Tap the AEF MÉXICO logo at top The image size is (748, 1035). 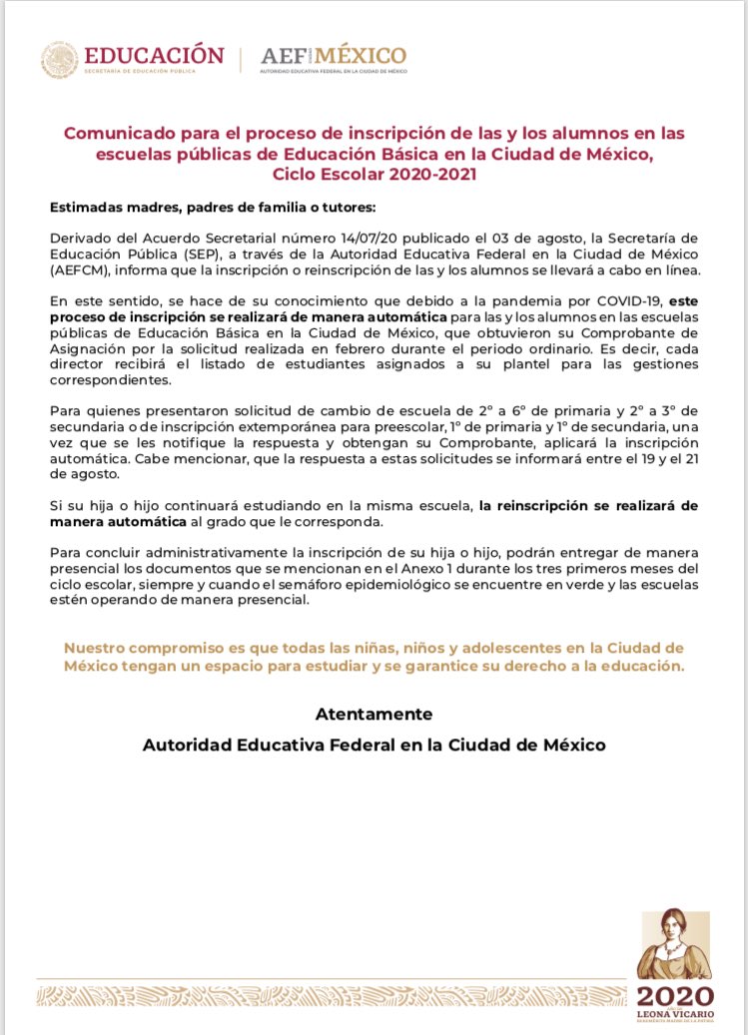click(333, 56)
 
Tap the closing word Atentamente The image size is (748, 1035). click(374, 715)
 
